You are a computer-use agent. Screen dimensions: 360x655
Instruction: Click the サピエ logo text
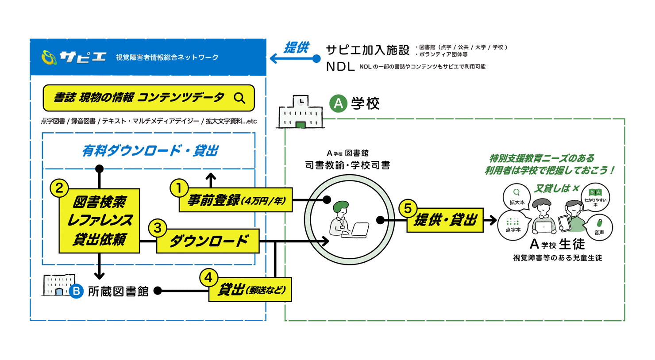(82, 57)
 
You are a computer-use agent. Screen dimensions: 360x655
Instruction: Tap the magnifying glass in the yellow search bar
(239, 98)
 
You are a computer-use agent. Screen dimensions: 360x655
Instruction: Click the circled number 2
(59, 188)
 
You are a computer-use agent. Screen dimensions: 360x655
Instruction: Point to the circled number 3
(157, 228)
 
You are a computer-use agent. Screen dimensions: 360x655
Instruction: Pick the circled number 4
(209, 278)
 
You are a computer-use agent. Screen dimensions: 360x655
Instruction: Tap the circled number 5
(408, 208)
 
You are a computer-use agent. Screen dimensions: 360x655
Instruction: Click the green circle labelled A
(338, 103)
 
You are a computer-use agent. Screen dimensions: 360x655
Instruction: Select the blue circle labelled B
(76, 291)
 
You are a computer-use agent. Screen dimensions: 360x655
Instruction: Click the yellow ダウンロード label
(208, 241)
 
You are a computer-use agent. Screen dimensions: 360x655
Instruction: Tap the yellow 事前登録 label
(236, 201)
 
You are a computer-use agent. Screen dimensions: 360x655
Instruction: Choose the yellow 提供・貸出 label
(445, 220)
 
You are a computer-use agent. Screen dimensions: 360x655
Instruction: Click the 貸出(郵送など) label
(250, 290)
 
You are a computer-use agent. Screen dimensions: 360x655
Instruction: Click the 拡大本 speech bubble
(516, 197)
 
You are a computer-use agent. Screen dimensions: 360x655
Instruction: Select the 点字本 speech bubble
(513, 225)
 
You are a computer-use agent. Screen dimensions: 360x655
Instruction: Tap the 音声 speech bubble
(599, 227)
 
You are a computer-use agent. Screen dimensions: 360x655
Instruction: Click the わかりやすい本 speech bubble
(595, 197)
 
